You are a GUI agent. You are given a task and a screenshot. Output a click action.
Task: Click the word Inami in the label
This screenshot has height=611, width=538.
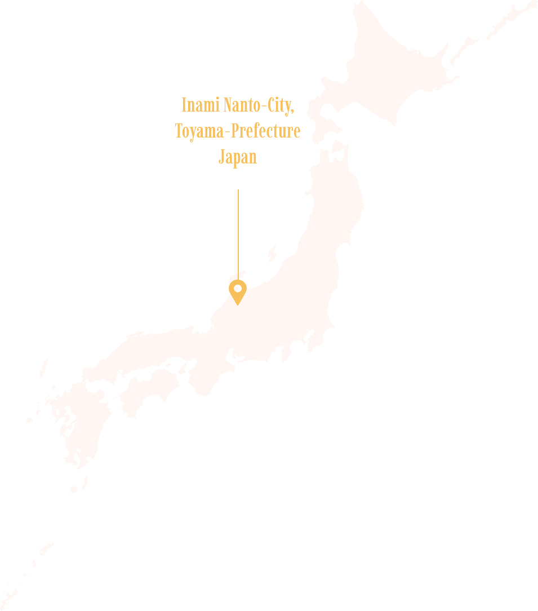coord(200,105)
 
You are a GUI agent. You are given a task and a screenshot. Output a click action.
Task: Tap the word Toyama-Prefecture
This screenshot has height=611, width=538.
coord(237,131)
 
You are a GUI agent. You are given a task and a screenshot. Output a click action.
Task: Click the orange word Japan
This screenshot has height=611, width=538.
coord(237,157)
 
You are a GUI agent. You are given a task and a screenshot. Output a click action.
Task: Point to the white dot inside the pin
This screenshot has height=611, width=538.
coord(238,288)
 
